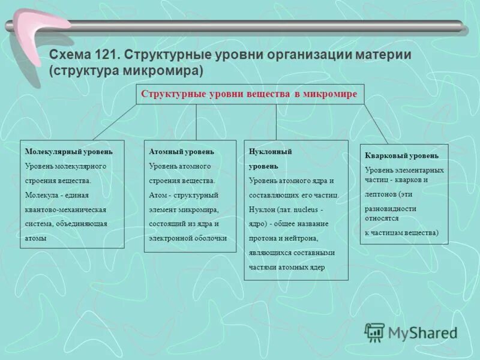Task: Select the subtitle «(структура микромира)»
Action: [127, 70]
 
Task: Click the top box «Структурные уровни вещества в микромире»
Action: [249, 94]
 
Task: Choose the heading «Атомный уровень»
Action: [181, 152]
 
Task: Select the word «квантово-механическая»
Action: [65, 209]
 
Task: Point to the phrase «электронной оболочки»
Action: [188, 238]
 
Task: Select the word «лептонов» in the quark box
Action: [382, 194]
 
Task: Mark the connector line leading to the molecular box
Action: [115, 122]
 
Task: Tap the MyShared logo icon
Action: [375, 332]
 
